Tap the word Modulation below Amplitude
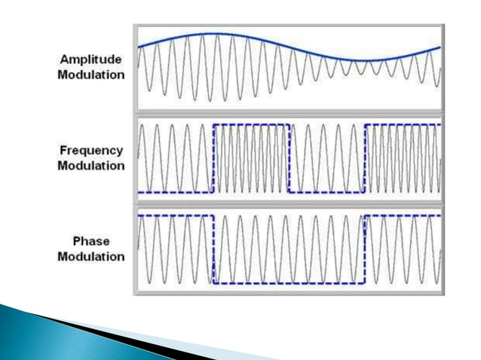[x=90, y=75]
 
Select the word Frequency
[x=90, y=151]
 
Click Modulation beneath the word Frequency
[x=90, y=165]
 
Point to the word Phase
[x=90, y=241]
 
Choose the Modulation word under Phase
[x=90, y=256]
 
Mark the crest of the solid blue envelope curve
[x=213, y=33]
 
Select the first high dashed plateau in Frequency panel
[x=251, y=123]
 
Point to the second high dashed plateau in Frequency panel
[x=403, y=123]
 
